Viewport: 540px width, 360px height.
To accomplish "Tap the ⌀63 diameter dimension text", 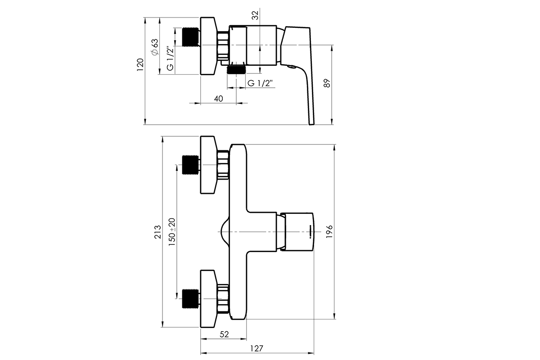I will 154,47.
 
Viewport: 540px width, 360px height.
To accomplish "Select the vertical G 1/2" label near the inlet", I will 170,58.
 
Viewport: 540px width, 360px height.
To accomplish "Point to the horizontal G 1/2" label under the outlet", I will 261,83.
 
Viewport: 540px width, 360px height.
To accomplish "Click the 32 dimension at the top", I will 255,15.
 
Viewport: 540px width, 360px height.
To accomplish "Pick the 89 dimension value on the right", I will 327,83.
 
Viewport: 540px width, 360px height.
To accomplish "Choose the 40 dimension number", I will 219,99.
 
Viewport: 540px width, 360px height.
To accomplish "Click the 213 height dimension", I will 157,232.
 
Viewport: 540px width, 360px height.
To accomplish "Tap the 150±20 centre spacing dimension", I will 171,231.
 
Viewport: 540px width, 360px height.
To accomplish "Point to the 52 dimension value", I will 225,334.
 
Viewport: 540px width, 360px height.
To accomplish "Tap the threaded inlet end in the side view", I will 190,37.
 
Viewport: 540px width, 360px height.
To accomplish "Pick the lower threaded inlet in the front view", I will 190,298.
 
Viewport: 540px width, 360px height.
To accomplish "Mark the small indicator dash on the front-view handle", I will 310,231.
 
